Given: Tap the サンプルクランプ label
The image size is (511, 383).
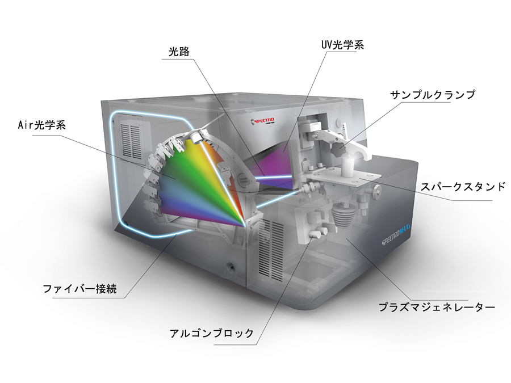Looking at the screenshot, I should pyautogui.click(x=432, y=95).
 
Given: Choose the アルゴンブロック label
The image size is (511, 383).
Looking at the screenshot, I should pyautogui.click(x=211, y=333).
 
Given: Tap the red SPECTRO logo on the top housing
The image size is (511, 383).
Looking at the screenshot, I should pyautogui.click(x=266, y=121).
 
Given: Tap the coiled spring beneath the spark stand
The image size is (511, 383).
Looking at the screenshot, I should pyautogui.click(x=341, y=216).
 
